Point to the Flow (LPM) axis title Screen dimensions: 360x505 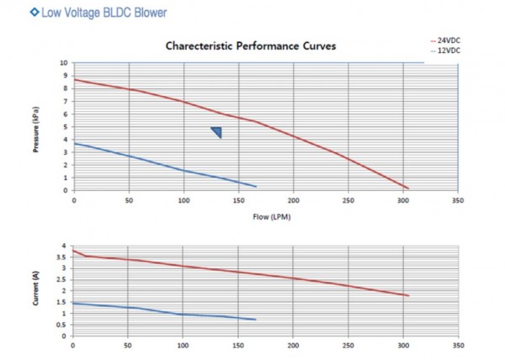(x=265, y=215)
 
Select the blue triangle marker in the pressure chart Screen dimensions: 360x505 (x=216, y=132)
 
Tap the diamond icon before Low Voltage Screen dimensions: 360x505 (x=10, y=13)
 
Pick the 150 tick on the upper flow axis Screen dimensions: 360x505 (x=239, y=200)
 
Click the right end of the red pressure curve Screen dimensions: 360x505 (x=407, y=188)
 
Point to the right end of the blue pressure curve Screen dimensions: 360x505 (x=256, y=186)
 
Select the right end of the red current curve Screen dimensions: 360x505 (x=408, y=295)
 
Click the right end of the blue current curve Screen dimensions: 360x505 (x=255, y=320)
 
